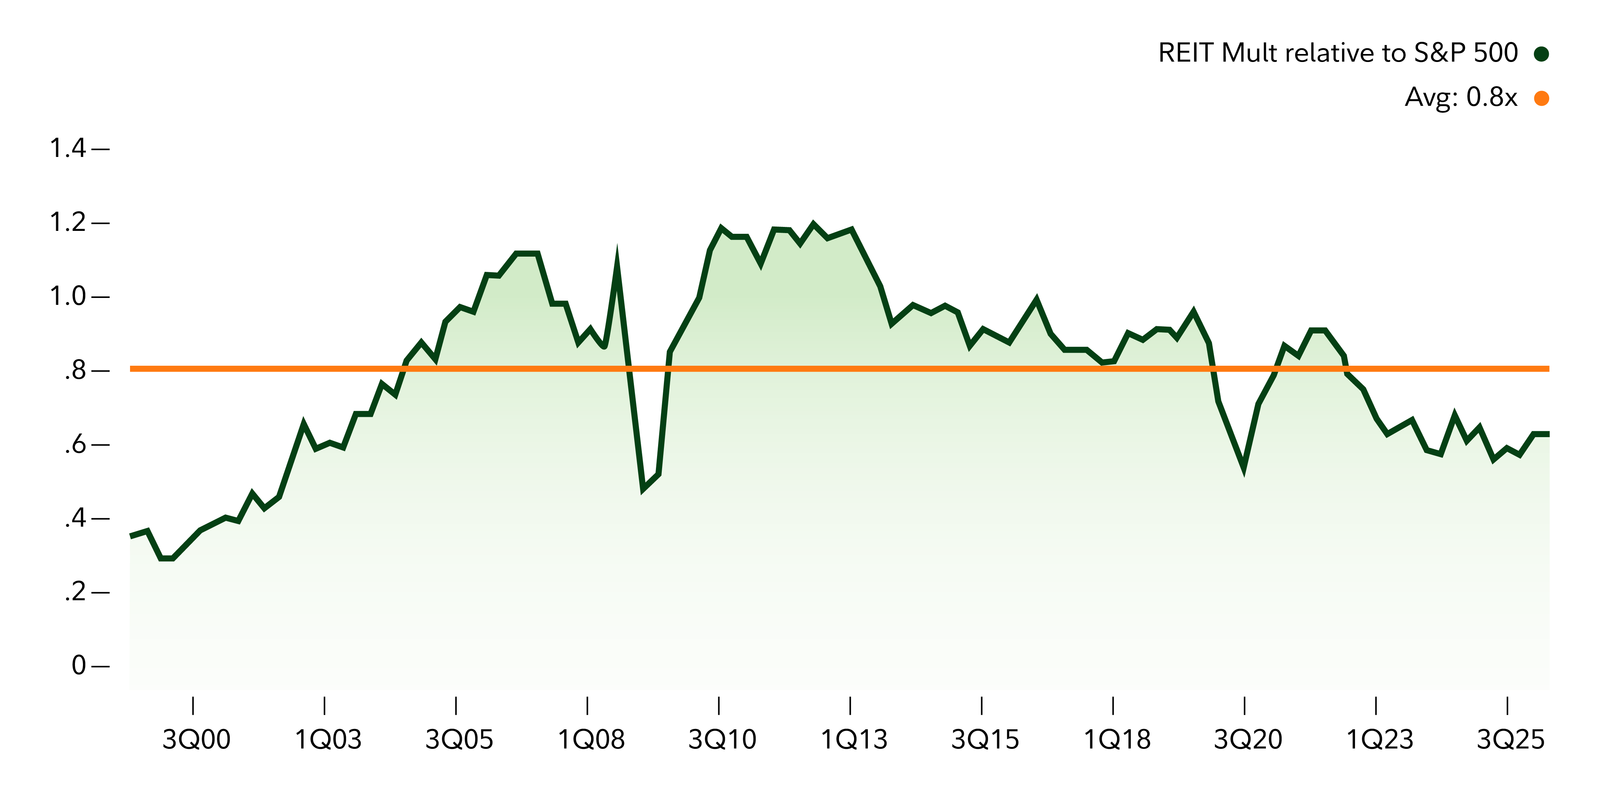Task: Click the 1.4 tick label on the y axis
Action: [67, 149]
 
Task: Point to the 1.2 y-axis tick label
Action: [67, 223]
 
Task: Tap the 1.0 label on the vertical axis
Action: [67, 296]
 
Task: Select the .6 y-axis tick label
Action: [75, 445]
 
